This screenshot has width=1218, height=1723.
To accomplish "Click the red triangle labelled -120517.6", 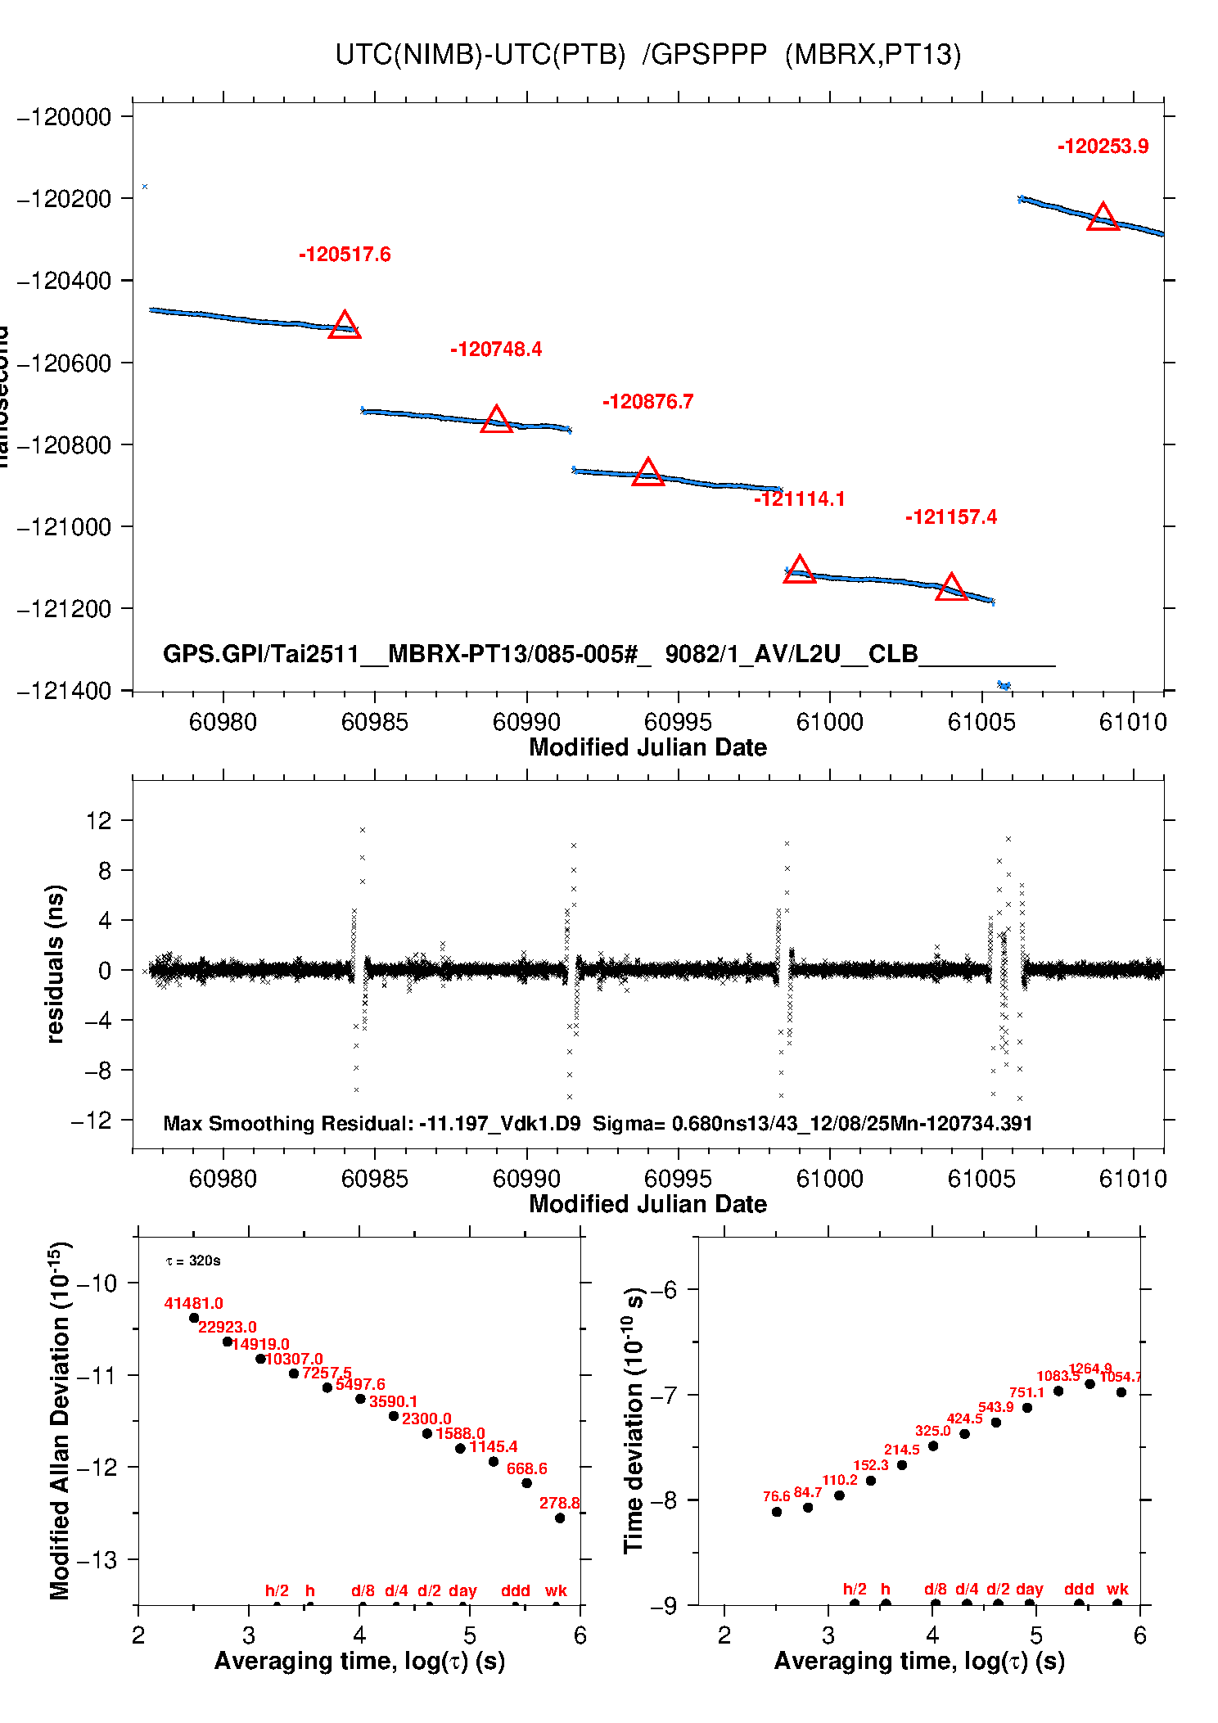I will [x=345, y=326].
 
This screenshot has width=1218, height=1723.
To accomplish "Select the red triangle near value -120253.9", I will [x=1103, y=218].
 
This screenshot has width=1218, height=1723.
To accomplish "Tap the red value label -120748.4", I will [x=496, y=350].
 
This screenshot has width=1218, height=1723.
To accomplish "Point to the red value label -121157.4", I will [x=950, y=517].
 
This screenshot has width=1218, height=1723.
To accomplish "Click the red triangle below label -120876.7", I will [x=648, y=472].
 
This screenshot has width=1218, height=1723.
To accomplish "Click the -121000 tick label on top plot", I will [x=64, y=527].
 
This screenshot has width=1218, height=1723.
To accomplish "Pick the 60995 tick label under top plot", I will [x=678, y=722].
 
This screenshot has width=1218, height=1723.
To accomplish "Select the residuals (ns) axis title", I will [x=55, y=963].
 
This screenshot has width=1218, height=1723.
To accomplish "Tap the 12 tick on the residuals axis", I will [x=98, y=820].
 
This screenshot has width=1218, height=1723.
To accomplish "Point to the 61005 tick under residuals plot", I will [x=981, y=1179].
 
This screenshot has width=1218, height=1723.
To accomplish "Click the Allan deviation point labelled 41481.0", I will [x=194, y=1318].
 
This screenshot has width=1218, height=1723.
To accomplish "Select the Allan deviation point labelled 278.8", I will [x=560, y=1518].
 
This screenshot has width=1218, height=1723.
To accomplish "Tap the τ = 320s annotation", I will [x=193, y=1261].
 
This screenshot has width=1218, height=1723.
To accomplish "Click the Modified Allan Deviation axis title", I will [x=60, y=1420].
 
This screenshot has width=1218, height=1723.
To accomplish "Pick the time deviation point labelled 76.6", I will [x=777, y=1512].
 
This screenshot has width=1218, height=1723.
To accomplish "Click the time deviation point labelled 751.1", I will [x=1027, y=1408].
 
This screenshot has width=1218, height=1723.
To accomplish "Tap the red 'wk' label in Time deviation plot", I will [x=1117, y=1589].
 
